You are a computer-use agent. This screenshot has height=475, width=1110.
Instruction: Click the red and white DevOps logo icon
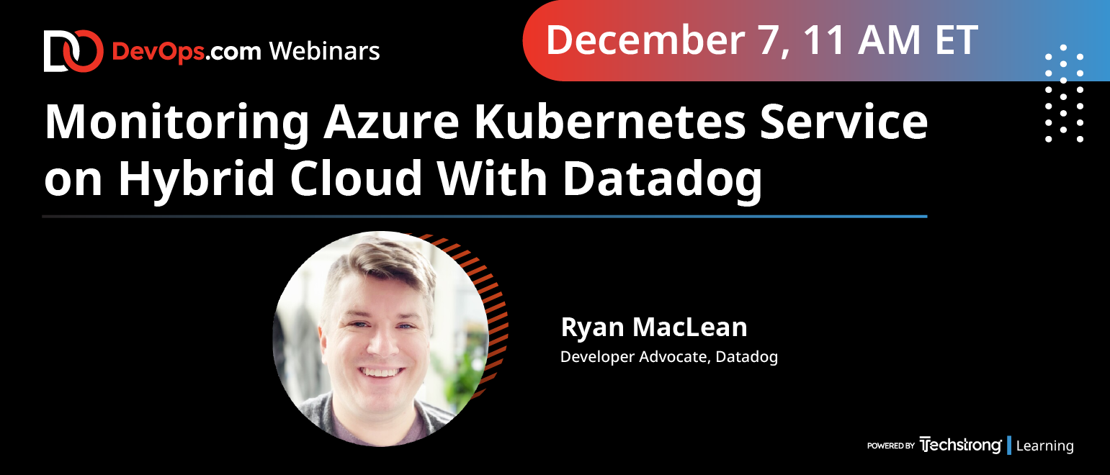(73, 51)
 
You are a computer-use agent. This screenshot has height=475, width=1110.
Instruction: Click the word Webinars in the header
(325, 51)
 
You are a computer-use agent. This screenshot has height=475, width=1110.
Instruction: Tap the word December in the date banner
(645, 40)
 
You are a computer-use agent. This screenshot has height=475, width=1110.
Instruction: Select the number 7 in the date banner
(767, 40)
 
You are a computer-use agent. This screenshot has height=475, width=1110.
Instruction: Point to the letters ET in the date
(957, 40)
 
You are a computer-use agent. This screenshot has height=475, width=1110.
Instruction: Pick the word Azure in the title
(391, 122)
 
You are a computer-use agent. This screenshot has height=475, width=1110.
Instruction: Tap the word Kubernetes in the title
(610, 122)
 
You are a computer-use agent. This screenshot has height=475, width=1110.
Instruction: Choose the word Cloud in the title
(355, 178)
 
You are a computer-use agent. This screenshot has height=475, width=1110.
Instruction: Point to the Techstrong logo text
(960, 445)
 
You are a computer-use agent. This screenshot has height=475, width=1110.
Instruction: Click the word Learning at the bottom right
(1044, 446)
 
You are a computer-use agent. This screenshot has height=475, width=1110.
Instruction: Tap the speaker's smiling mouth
(381, 372)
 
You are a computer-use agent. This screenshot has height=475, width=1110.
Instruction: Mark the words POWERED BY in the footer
(890, 445)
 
